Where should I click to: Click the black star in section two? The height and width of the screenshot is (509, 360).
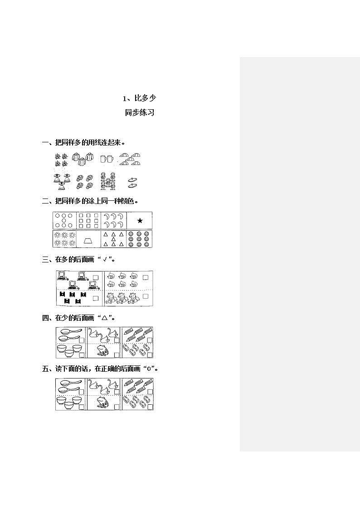(x=140, y=221)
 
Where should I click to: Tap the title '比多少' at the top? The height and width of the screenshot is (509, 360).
(x=145, y=98)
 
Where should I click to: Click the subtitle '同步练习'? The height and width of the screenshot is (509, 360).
(x=140, y=113)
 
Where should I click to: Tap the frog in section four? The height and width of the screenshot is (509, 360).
(x=103, y=350)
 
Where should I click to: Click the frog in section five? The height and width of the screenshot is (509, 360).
(x=103, y=402)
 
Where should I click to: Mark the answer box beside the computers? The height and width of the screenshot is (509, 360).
(x=95, y=277)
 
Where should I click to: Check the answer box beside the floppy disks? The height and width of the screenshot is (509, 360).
(x=95, y=298)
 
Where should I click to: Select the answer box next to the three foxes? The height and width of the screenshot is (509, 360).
(x=146, y=296)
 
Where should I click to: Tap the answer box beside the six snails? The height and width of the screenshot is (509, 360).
(x=146, y=277)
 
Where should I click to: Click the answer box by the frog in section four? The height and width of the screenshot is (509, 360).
(x=117, y=355)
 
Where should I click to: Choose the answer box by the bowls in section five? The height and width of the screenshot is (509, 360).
(x=82, y=407)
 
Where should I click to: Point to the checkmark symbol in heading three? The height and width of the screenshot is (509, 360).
(x=105, y=259)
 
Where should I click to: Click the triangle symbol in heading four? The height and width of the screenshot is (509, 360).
(x=104, y=318)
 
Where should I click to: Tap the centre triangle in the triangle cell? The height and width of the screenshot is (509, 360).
(x=113, y=239)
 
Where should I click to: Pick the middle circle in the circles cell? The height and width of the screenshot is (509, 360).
(x=64, y=220)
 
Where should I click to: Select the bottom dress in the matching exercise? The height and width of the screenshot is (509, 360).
(x=61, y=186)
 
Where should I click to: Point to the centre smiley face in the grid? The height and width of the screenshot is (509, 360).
(x=139, y=239)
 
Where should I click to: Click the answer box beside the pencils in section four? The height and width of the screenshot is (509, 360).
(x=150, y=340)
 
